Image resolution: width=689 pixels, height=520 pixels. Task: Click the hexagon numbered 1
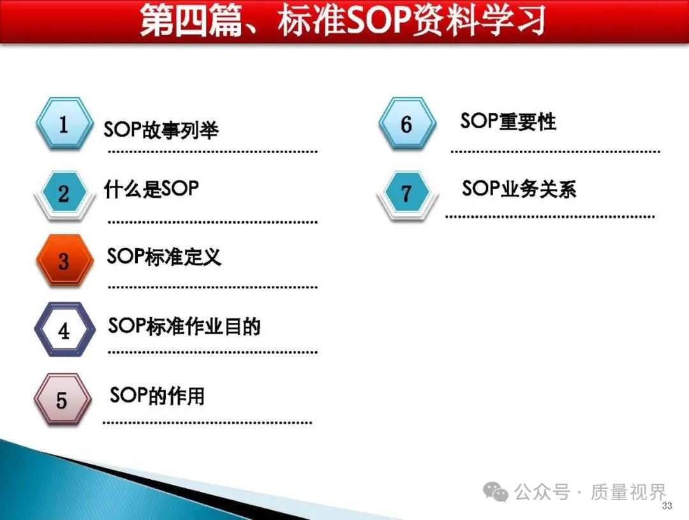pyautogui.click(x=64, y=124)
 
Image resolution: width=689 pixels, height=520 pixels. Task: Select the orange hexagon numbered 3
pyautogui.click(x=64, y=261)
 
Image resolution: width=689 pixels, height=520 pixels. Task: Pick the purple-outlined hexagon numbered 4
pyautogui.click(x=64, y=329)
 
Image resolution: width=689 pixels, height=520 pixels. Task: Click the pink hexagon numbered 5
pyautogui.click(x=63, y=399)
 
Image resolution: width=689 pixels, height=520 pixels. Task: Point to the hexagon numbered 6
pyautogui.click(x=407, y=124)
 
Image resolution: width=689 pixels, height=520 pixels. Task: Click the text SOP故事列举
pyautogui.click(x=161, y=130)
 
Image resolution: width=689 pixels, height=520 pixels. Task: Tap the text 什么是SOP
pyautogui.click(x=151, y=189)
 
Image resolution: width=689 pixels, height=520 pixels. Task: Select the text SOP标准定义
pyautogui.click(x=164, y=256)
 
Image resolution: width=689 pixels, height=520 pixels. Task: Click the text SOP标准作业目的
pyautogui.click(x=184, y=325)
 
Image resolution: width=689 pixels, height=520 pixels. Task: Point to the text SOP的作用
pyautogui.click(x=158, y=395)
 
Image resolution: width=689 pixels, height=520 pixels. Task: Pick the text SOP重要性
pyautogui.click(x=508, y=121)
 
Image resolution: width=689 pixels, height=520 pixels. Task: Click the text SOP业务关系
pyautogui.click(x=519, y=189)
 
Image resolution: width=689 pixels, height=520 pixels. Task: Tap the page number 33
pyautogui.click(x=667, y=505)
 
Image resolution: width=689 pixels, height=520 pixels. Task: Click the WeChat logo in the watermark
pyautogui.click(x=496, y=491)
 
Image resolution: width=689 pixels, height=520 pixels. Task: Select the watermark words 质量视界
pyautogui.click(x=628, y=493)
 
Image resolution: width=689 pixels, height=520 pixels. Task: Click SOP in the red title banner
pyautogui.click(x=379, y=20)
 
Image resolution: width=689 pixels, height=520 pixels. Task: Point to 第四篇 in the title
pyautogui.click(x=191, y=20)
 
